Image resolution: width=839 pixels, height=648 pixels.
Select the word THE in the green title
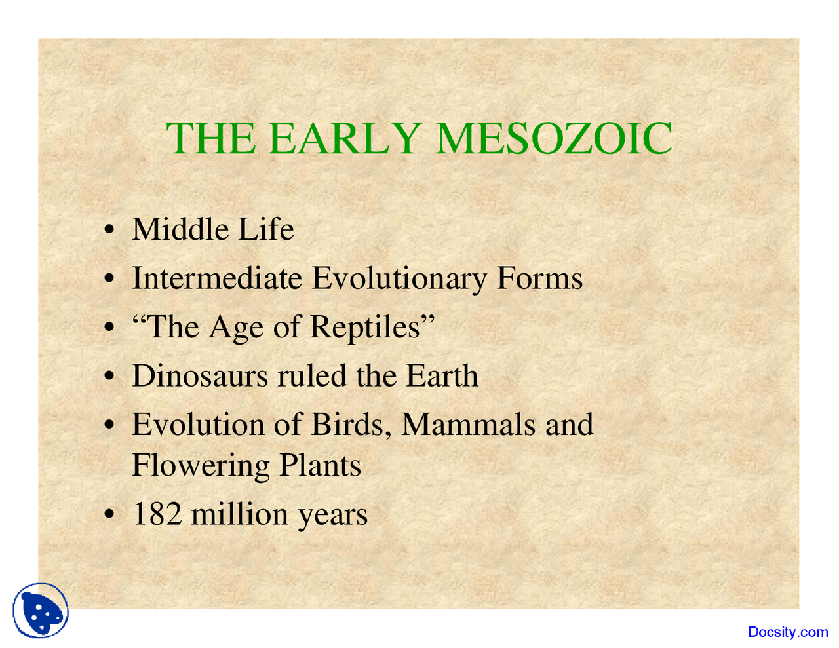[x=210, y=138]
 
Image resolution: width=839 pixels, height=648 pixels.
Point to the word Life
[x=265, y=229]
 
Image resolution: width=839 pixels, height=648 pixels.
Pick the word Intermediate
[x=217, y=278]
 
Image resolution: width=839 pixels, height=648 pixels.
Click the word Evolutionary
[x=399, y=278]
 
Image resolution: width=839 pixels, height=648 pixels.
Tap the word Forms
[x=539, y=278]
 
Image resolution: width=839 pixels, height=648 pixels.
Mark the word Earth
[x=442, y=375]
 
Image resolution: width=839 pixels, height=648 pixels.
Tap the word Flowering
[x=201, y=466]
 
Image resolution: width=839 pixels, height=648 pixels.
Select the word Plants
[x=321, y=466]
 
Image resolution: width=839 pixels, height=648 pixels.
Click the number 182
[x=157, y=514]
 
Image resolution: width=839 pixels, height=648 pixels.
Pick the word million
[x=239, y=514]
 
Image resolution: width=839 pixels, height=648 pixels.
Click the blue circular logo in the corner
[x=41, y=611]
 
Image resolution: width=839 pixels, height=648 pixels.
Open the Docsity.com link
[x=788, y=632]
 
